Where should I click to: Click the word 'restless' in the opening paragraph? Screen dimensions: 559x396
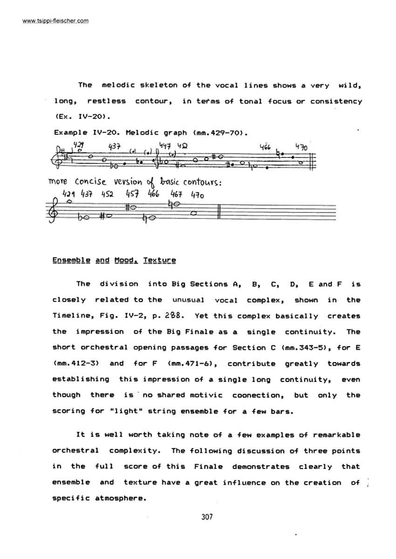coord(106,101)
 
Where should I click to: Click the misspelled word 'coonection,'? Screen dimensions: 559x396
coord(257,395)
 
